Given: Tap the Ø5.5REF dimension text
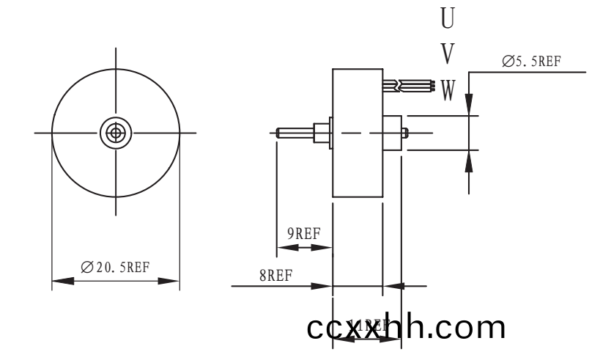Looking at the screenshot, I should [531, 62].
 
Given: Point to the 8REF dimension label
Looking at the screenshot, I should [275, 275].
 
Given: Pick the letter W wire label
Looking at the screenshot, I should [448, 90].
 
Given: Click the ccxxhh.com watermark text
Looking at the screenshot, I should [407, 326].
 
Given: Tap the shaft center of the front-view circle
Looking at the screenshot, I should [115, 133].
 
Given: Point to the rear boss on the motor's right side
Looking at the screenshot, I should [393, 133].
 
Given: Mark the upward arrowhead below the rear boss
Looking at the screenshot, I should [469, 161].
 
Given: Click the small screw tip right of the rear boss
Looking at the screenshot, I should [407, 133].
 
